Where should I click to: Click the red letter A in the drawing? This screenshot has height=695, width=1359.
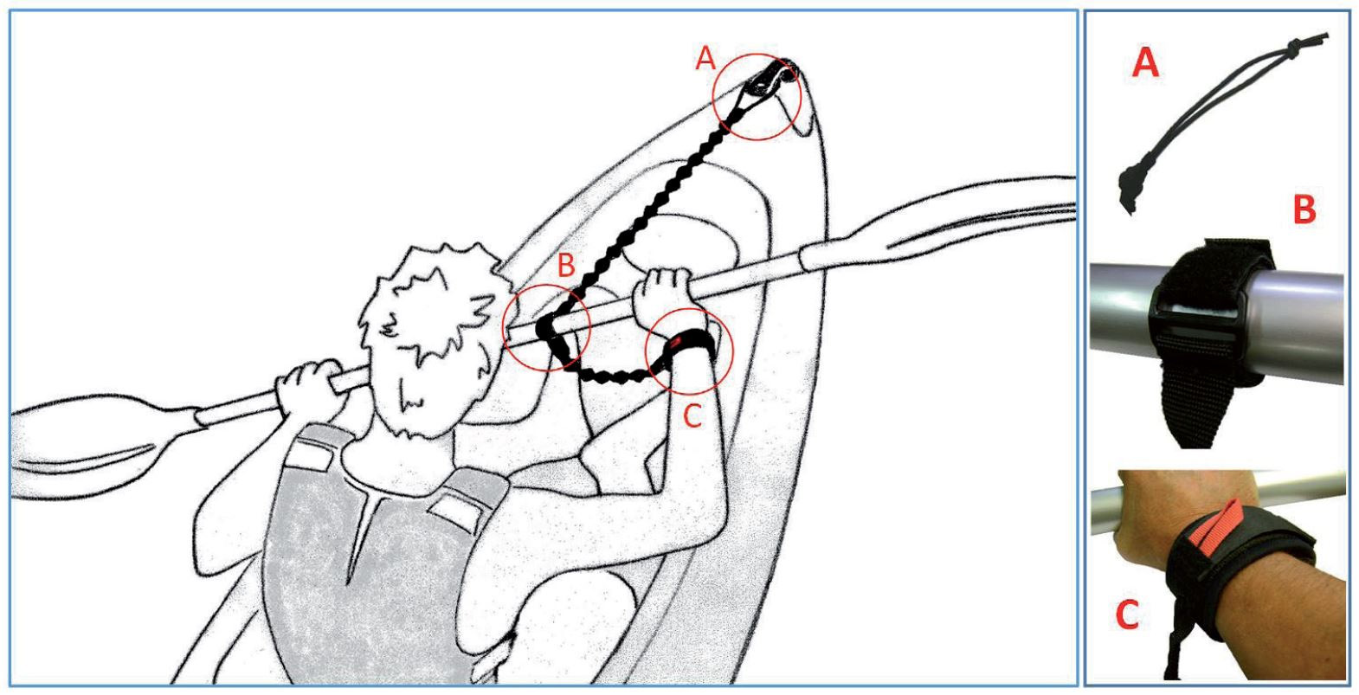[x=705, y=60]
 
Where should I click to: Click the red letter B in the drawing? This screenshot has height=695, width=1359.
[x=566, y=266]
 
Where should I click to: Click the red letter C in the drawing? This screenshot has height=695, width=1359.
[x=692, y=416]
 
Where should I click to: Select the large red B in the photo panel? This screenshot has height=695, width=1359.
[x=1304, y=209]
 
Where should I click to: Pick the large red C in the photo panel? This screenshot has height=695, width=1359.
[x=1127, y=615]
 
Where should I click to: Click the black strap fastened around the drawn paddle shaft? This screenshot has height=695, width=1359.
[x=553, y=339]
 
